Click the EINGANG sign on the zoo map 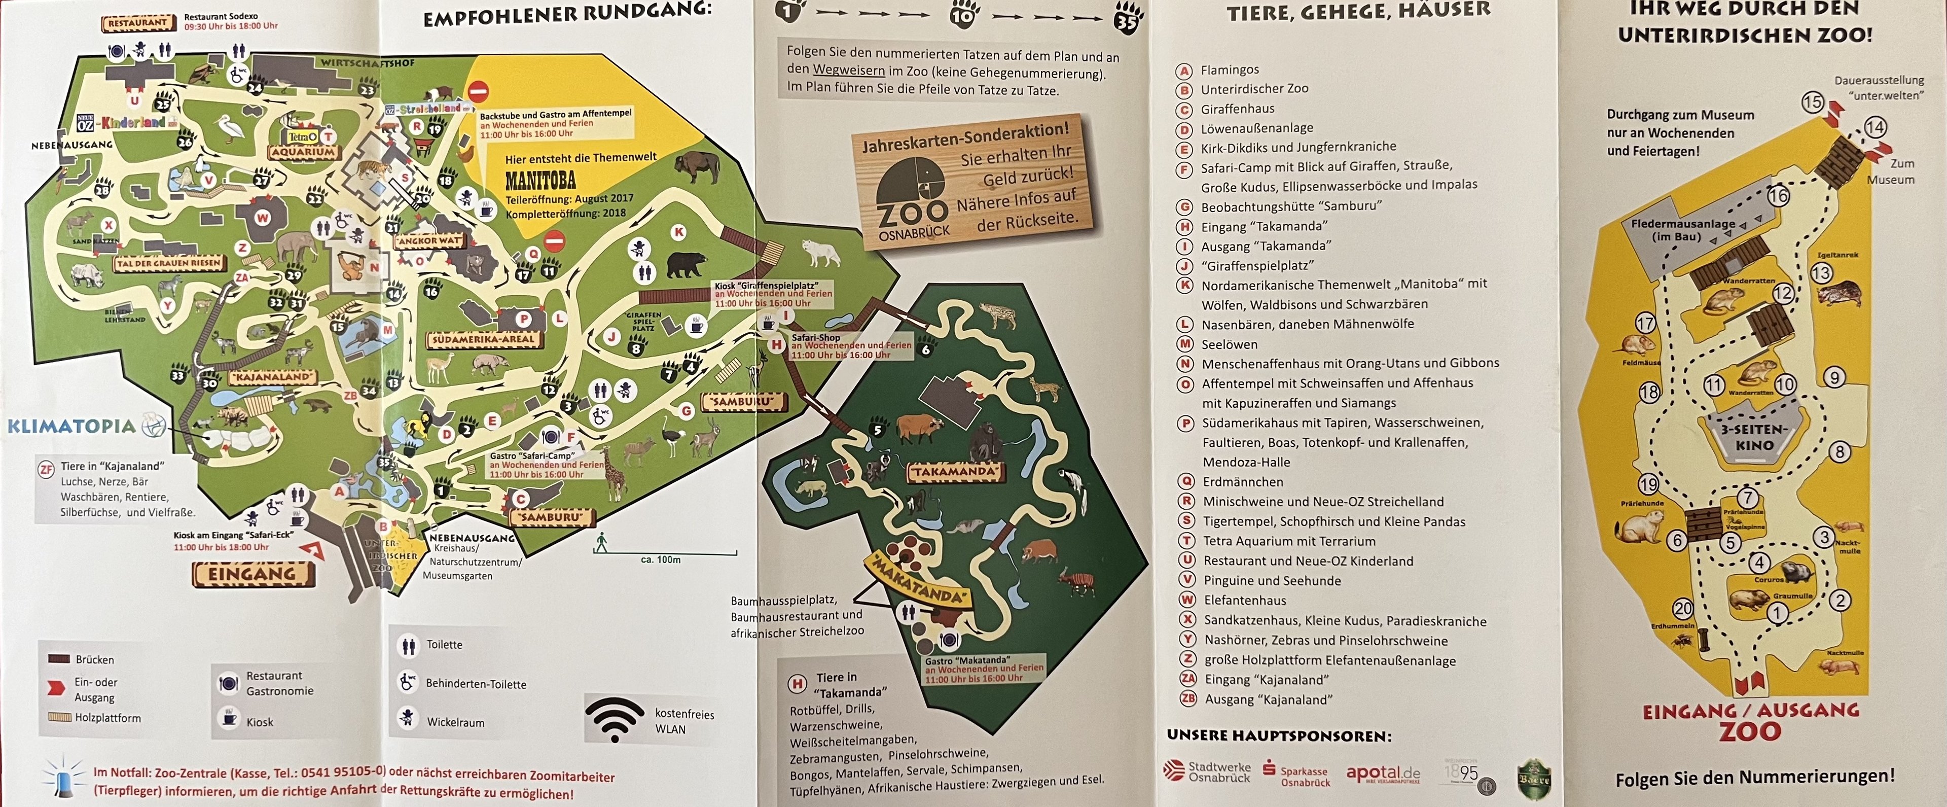coord(253,575)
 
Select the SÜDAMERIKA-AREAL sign coord(483,340)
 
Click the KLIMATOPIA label coord(72,426)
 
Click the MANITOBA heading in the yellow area coord(540,181)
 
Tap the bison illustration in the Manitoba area coord(697,168)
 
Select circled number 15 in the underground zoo coord(1813,102)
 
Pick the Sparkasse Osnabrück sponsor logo coord(1296,775)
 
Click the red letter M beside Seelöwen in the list coord(1186,344)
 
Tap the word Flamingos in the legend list coord(1230,69)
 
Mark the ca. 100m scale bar coord(665,553)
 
